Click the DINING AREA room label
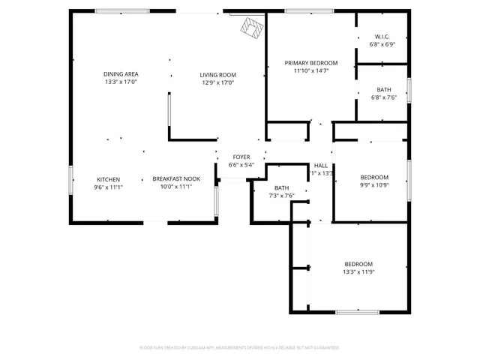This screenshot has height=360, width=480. point(121,73)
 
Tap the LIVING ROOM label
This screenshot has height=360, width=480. point(217,74)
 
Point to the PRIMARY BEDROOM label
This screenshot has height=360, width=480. point(310,63)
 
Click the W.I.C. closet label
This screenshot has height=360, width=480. point(382,37)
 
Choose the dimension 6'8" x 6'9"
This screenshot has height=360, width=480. point(382,45)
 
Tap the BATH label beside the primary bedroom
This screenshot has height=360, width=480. point(383,89)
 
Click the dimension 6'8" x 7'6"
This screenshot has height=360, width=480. point(383,97)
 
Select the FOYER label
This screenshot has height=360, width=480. point(241,157)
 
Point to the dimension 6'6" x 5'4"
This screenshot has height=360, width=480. point(241,165)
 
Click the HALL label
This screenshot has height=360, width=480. point(321,165)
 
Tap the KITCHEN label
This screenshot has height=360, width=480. point(108,178)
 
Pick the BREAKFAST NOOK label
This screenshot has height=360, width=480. point(176,178)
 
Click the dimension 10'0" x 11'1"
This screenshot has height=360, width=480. point(176,187)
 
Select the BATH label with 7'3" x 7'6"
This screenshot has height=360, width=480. point(281,187)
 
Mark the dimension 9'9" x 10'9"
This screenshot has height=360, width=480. point(374,184)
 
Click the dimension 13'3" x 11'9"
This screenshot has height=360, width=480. point(358,272)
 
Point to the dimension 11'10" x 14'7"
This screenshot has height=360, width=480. point(310,71)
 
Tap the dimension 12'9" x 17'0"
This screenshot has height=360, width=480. point(217,82)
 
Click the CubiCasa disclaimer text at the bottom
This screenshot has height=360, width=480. point(239,348)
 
